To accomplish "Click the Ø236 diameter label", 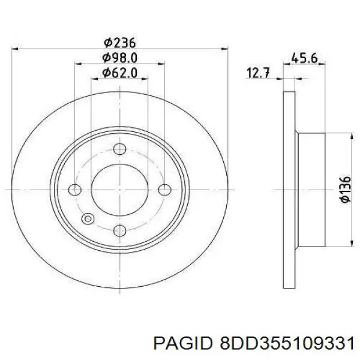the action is (x=119, y=43).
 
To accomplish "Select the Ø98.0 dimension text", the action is (x=119, y=58).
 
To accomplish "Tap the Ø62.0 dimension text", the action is (x=119, y=73).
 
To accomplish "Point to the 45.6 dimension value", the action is (x=304, y=58).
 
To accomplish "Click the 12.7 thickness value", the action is (x=258, y=73).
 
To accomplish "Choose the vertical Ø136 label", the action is (x=346, y=190).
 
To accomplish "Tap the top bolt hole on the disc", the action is (x=119, y=149).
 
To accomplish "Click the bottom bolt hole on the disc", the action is (x=119, y=230).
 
